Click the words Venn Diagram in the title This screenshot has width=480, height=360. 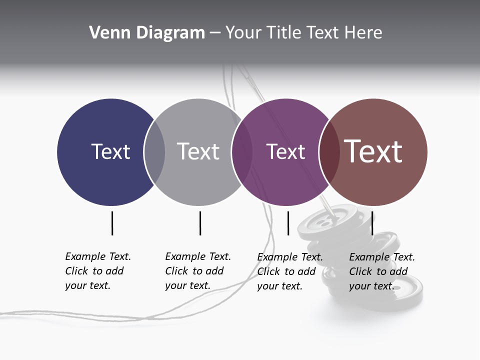(x=146, y=33)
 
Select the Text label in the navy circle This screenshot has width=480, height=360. (x=110, y=151)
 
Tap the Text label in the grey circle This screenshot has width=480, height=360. (x=198, y=151)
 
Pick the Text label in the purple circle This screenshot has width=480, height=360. (x=285, y=151)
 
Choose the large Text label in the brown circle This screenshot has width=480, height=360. (x=373, y=151)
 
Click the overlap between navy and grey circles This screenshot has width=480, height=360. (x=154, y=152)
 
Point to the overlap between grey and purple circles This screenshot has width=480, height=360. (x=241, y=152)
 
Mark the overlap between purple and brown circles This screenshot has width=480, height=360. (x=329, y=152)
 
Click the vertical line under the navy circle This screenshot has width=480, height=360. (x=112, y=223)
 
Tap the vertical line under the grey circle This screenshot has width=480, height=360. (x=200, y=223)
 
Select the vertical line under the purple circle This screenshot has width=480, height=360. (x=288, y=223)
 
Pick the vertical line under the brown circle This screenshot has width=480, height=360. (x=372, y=223)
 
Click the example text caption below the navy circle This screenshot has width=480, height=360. (x=97, y=271)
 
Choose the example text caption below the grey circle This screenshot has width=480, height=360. (x=197, y=271)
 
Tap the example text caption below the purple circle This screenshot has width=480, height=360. (x=289, y=271)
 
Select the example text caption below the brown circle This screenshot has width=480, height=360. (x=381, y=271)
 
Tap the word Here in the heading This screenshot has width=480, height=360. (x=364, y=33)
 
